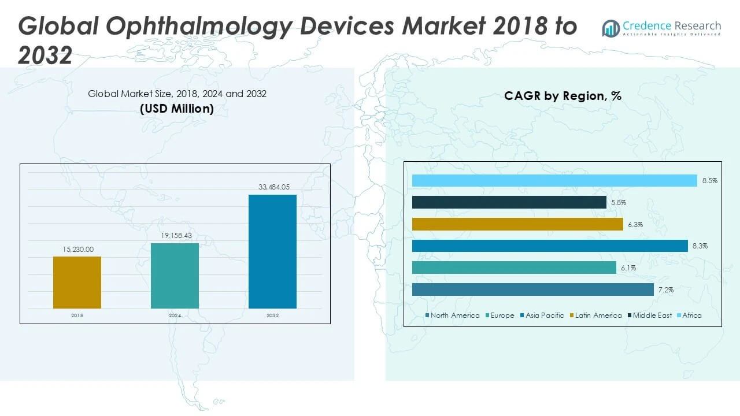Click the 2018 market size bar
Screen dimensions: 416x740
pyautogui.click(x=77, y=283)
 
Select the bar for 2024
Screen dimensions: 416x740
pyautogui.click(x=175, y=276)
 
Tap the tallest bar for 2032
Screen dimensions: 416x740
pyautogui.click(x=272, y=251)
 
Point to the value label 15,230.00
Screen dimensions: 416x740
pyautogui.click(x=77, y=250)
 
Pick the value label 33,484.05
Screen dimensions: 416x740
pyautogui.click(x=272, y=187)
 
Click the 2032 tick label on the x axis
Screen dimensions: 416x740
pyautogui.click(x=272, y=316)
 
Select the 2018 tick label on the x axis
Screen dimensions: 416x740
pyautogui.click(x=77, y=316)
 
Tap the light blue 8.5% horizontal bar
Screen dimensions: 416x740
pyautogui.click(x=554, y=181)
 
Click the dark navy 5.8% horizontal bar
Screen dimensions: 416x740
pyautogui.click(x=509, y=202)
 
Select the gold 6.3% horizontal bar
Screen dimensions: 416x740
pyautogui.click(x=517, y=224)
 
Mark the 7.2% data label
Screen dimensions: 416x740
pyautogui.click(x=666, y=289)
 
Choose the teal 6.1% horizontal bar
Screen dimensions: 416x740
pyautogui.click(x=514, y=268)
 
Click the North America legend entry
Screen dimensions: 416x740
pyautogui.click(x=452, y=315)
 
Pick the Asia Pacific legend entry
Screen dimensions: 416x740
pyautogui.click(x=542, y=315)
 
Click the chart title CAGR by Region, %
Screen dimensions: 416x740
pyautogui.click(x=563, y=96)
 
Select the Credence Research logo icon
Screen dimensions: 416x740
pyautogui.click(x=610, y=28)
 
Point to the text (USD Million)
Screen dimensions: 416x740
pyautogui.click(x=177, y=109)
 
